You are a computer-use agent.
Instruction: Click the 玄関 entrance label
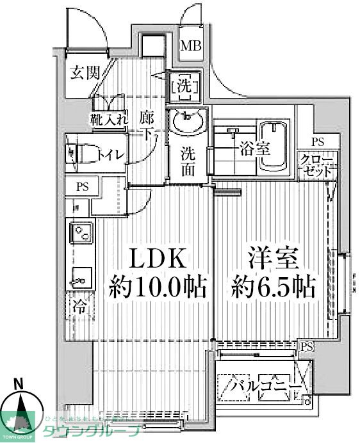[85, 72]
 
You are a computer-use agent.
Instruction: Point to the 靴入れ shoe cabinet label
[109, 118]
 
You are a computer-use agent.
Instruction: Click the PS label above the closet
[317, 142]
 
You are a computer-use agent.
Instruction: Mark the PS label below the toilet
[82, 188]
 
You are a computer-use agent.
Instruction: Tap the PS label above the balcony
[307, 346]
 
